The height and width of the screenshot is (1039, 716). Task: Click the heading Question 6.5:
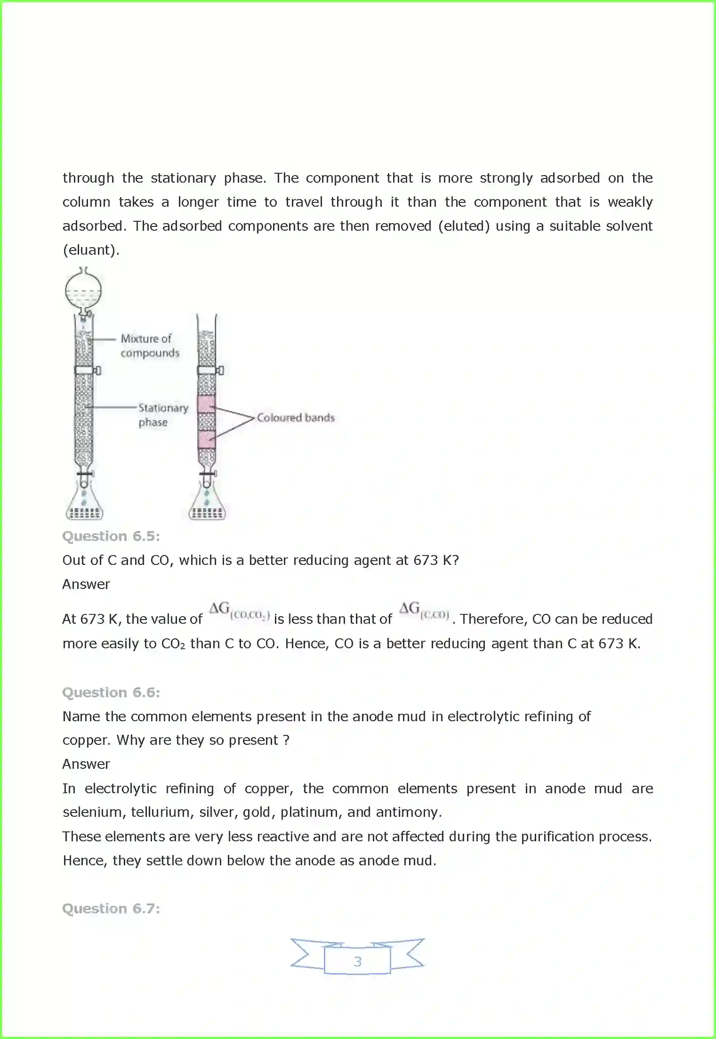tap(111, 536)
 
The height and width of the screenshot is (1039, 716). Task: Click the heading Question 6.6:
tap(111, 693)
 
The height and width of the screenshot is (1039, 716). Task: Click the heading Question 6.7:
tap(111, 909)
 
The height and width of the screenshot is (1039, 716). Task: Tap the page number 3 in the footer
tap(357, 961)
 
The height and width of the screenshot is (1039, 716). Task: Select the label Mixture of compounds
tap(150, 346)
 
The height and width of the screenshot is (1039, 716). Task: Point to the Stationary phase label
tap(163, 415)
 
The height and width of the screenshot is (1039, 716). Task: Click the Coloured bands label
tap(296, 418)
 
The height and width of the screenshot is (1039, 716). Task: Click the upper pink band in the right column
tap(207, 404)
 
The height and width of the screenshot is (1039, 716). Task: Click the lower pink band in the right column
tap(207, 439)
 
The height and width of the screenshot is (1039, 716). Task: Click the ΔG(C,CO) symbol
tap(424, 611)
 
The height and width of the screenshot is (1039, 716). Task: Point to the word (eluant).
tap(91, 250)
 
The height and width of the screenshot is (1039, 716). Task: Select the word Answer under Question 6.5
tap(86, 584)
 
